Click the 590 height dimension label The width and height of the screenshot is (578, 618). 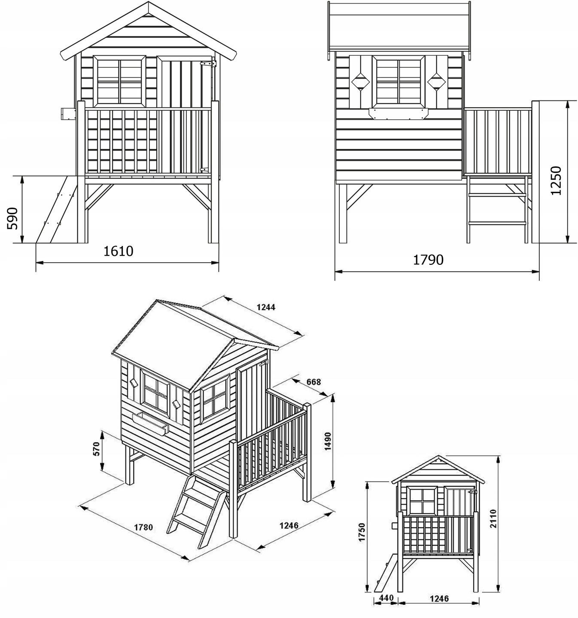tap(12, 218)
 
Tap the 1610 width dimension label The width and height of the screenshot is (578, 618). tap(119, 251)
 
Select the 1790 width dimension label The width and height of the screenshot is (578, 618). tap(428, 260)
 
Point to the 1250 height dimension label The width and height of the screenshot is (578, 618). tap(556, 181)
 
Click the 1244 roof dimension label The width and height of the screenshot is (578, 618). tap(266, 307)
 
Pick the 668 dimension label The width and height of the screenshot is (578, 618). tap(313, 382)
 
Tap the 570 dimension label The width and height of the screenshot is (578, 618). tap(97, 449)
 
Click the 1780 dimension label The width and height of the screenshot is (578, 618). tap(143, 527)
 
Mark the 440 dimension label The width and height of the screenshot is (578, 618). tap(386, 598)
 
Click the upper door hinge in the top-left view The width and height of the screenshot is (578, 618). tap(208, 64)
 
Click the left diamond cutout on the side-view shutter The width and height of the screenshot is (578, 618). tap(360, 82)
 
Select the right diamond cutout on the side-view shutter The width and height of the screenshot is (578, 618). tap(436, 82)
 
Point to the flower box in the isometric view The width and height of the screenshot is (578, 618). tap(150, 424)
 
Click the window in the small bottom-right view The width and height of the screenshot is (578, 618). tap(422, 501)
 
